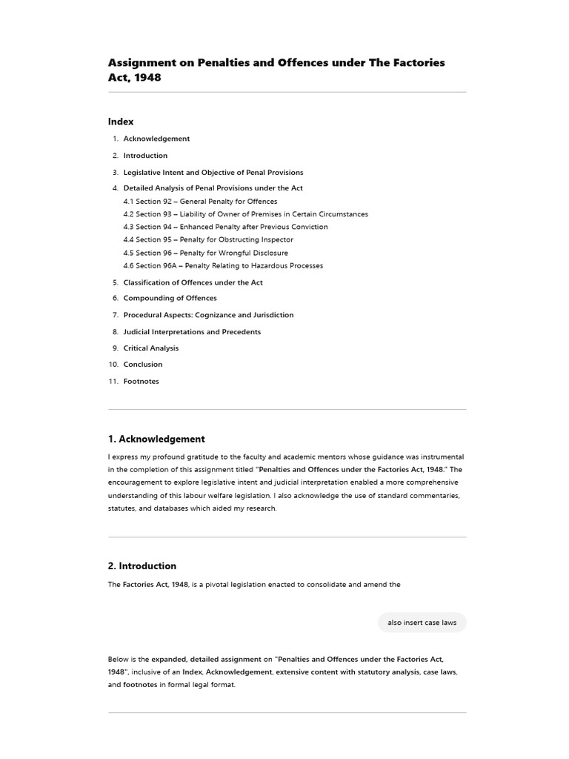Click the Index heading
tap(121, 122)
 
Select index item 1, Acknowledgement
tap(156, 139)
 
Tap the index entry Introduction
tap(145, 156)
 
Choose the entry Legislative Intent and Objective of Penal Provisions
tap(213, 173)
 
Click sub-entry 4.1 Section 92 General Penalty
tap(200, 202)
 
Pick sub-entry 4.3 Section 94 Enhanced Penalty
tap(225, 227)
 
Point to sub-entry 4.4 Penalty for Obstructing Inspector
tap(208, 239)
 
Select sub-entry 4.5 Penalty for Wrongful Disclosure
tap(205, 253)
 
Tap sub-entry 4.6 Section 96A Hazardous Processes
tap(223, 265)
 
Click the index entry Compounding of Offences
tap(170, 298)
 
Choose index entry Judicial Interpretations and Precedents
tap(192, 332)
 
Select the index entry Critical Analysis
tap(150, 348)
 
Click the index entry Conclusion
tap(142, 365)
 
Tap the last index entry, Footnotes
tap(141, 382)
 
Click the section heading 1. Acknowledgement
tap(156, 439)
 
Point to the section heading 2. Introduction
tap(142, 566)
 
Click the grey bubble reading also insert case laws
tap(422, 623)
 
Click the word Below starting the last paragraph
tap(117, 659)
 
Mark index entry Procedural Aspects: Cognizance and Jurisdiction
tap(208, 315)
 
